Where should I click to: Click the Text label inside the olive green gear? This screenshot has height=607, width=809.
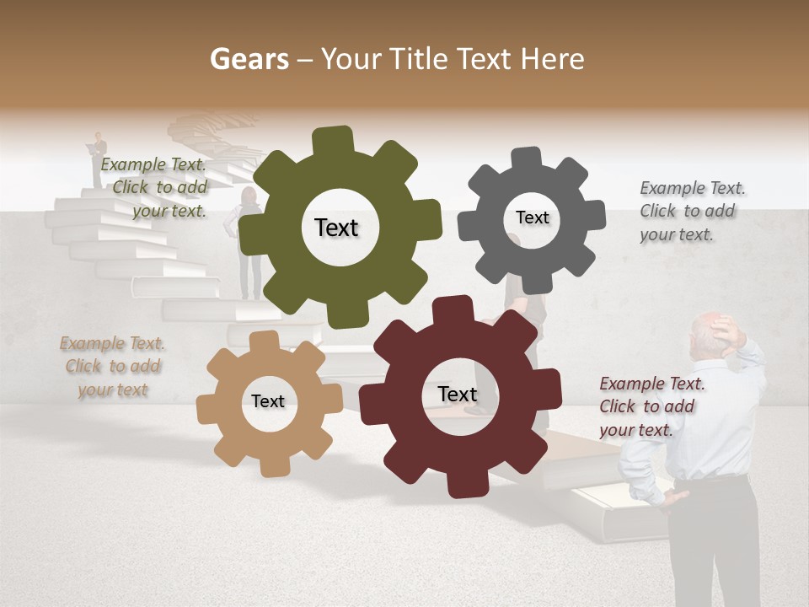(x=336, y=228)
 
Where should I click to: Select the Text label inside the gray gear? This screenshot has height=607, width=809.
(x=532, y=218)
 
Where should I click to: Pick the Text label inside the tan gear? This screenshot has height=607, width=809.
(x=268, y=401)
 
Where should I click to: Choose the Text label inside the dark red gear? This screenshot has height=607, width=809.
(x=458, y=394)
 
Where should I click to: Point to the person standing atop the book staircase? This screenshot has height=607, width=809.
(x=99, y=159)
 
